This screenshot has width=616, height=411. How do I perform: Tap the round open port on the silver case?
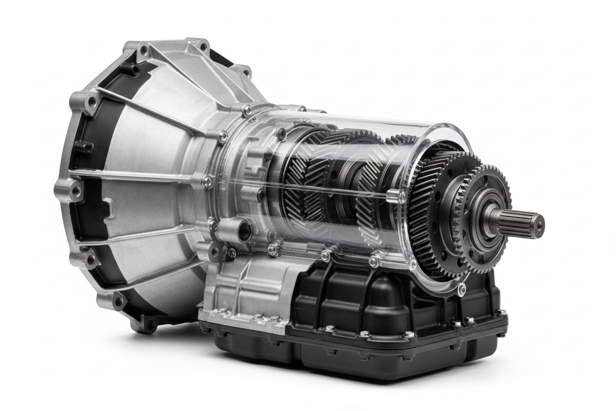[x=244, y=230]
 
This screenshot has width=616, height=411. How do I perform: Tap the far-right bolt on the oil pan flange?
[x=501, y=313]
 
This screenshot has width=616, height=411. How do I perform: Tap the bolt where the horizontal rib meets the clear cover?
[x=208, y=182]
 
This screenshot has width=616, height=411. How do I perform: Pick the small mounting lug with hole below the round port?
[x=215, y=252]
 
